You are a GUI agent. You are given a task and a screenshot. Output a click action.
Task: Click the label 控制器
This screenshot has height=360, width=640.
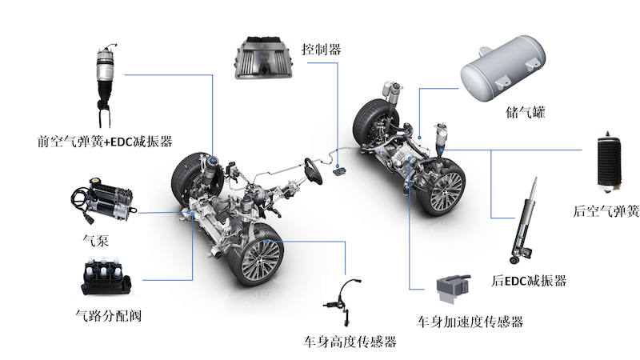click(x=322, y=50)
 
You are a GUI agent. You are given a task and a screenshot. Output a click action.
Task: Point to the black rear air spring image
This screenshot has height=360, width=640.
click(x=618, y=158)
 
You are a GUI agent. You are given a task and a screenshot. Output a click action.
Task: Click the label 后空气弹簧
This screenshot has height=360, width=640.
click(x=606, y=211)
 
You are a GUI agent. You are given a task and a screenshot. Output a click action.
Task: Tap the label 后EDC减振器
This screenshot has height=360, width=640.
click(x=530, y=281)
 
